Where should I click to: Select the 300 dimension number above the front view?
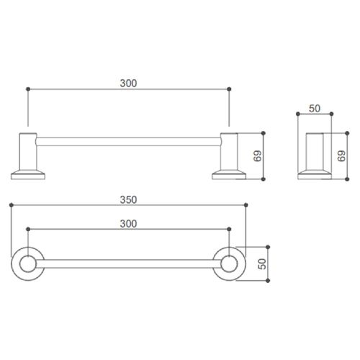[x=128, y=82]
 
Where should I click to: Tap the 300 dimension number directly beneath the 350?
[x=128, y=224]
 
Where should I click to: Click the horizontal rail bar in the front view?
[x=128, y=137]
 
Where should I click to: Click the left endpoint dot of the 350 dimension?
[x=12, y=206]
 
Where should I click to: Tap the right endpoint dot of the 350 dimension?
[x=246, y=206]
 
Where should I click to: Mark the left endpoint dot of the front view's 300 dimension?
[x=27, y=89]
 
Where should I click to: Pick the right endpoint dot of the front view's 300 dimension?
[x=230, y=89]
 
